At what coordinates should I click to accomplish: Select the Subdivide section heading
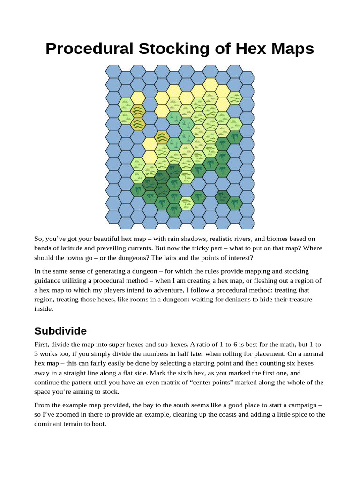pos(60,331)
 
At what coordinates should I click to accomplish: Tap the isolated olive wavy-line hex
pos(162,137)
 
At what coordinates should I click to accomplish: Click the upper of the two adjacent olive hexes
pos(137,111)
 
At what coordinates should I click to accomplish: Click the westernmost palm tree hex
pos(137,190)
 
